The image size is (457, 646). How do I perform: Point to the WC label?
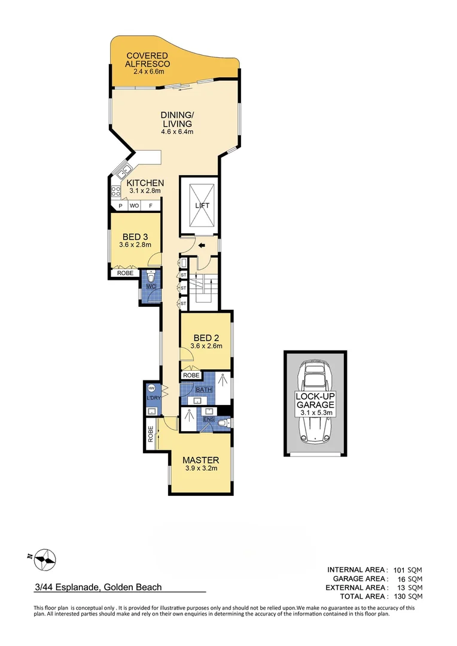151,287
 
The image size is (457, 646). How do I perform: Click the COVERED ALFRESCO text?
147,60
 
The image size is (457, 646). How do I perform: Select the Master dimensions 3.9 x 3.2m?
200,468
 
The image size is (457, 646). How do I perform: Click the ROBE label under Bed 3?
124,273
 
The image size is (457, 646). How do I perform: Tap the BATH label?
203,389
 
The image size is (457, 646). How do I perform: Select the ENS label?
208,420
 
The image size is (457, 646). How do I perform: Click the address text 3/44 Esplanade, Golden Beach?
98,587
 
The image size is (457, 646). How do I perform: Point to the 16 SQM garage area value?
409,578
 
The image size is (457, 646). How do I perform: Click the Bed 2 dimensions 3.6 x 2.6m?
206,345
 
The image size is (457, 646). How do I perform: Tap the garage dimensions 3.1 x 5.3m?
315,413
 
